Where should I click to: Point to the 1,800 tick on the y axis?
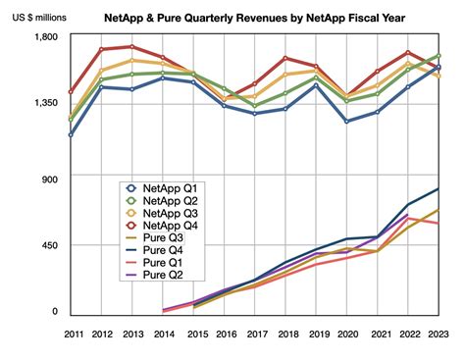pos(46,37)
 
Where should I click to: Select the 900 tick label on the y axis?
pos(51,179)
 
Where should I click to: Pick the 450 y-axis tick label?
pos(51,245)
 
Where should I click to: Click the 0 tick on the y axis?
pos(56,312)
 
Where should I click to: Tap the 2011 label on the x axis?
pos(74,335)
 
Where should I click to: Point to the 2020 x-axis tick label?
pos(347,335)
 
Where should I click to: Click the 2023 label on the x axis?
pos(438,335)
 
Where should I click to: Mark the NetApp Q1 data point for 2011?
pos(73,134)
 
